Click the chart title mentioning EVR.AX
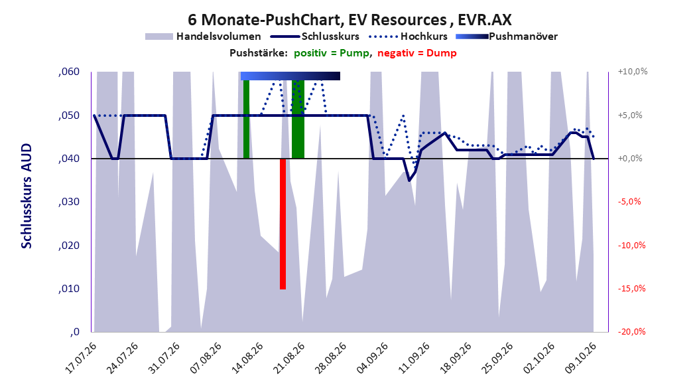[349, 20]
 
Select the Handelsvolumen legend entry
[204, 37]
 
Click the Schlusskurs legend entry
[315, 37]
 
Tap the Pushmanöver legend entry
[507, 37]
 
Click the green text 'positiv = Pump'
[332, 53]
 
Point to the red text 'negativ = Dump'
[417, 53]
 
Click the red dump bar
[283, 224]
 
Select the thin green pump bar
[247, 119]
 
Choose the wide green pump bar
[298, 119]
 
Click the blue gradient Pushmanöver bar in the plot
[290, 76]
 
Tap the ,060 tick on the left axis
[69, 72]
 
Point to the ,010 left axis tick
[69, 289]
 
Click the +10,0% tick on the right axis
[633, 72]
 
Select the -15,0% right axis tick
[631, 289]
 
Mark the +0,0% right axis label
[630, 159]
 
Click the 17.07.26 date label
[81, 358]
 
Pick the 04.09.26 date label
[373, 358]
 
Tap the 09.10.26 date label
[581, 358]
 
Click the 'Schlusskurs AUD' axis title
[27, 196]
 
